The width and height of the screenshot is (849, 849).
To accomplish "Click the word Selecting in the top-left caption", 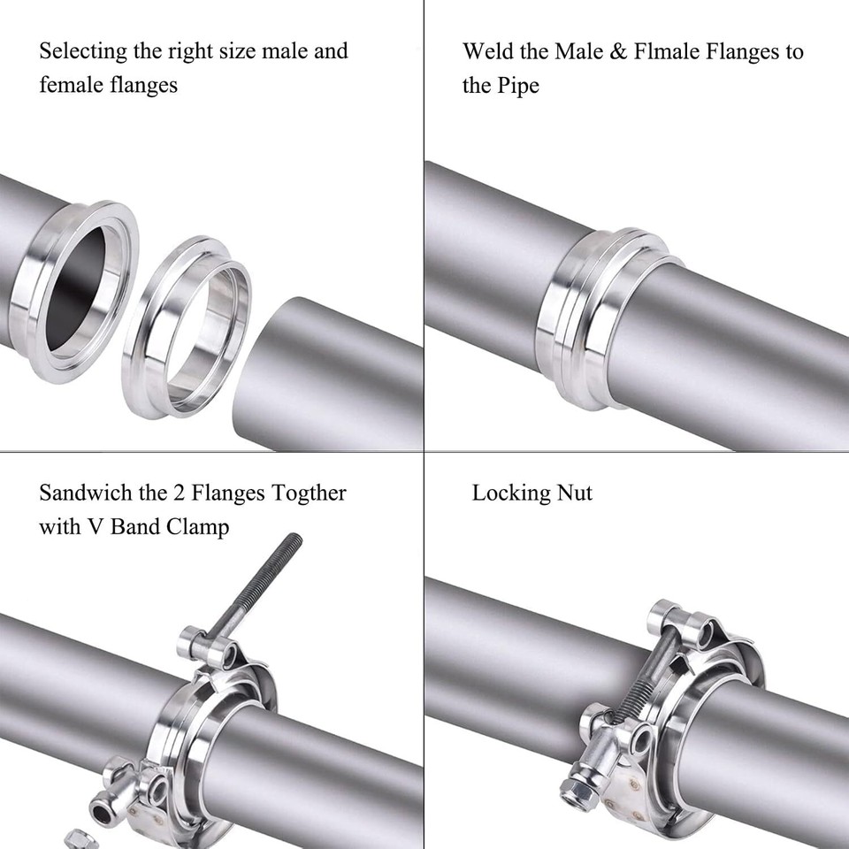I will (x=82, y=51).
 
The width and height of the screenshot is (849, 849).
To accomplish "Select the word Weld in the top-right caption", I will (x=484, y=51).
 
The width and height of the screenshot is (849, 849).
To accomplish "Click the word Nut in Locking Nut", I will (x=573, y=493).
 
